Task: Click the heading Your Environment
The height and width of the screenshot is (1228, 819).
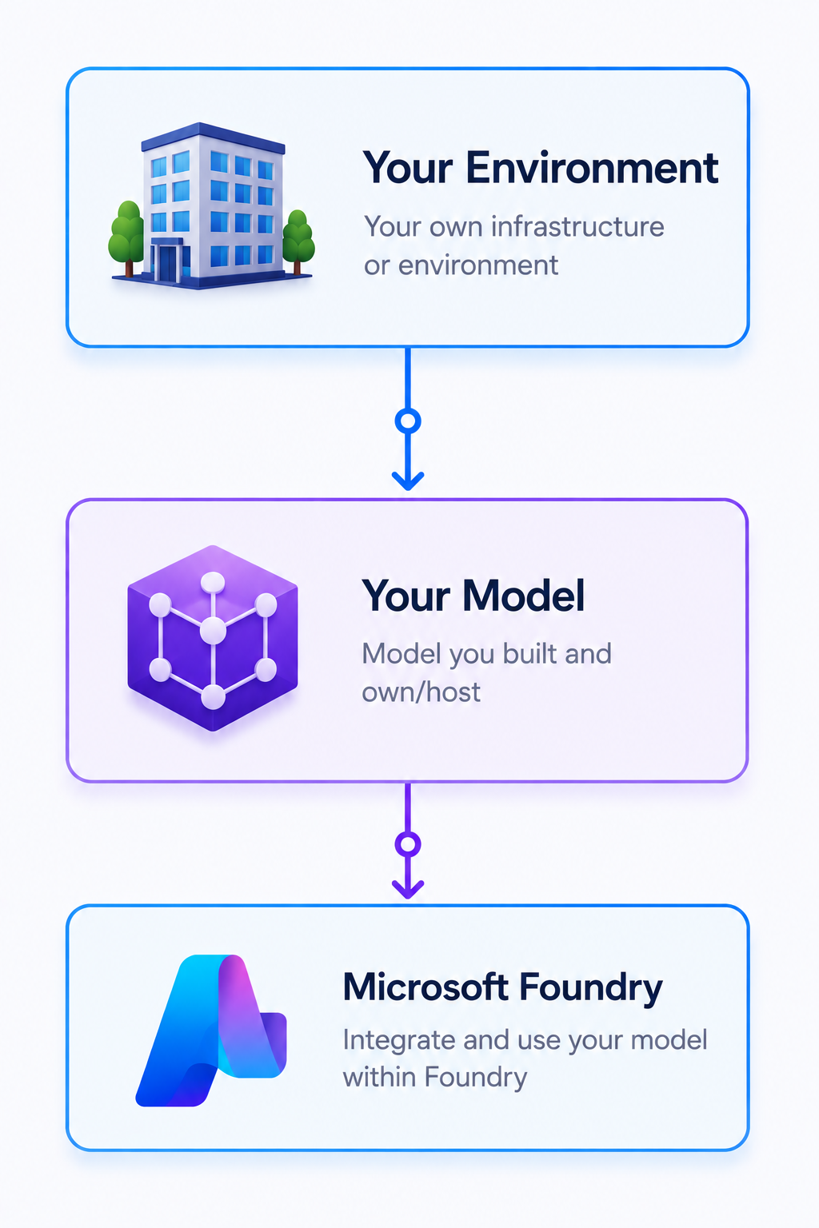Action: pos(541,168)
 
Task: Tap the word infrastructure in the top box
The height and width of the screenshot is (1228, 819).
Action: pos(577,226)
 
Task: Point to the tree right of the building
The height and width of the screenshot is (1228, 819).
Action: pos(298,241)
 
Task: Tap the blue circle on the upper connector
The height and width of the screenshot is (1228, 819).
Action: pos(408,421)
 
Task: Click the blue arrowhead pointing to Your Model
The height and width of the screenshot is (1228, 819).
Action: pos(408,480)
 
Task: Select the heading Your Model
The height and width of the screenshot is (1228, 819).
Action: pos(473,596)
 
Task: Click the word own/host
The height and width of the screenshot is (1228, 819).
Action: pos(421,692)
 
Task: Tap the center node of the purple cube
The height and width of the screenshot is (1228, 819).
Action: pos(213,631)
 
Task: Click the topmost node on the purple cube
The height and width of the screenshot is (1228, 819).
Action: pos(213,583)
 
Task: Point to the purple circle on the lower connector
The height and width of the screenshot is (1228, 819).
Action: pos(408,843)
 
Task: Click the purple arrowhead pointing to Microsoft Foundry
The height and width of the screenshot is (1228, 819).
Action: pos(408,889)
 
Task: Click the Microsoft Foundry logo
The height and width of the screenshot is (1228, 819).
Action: pos(211,1030)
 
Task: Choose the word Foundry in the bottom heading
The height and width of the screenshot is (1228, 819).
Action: pos(591,989)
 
